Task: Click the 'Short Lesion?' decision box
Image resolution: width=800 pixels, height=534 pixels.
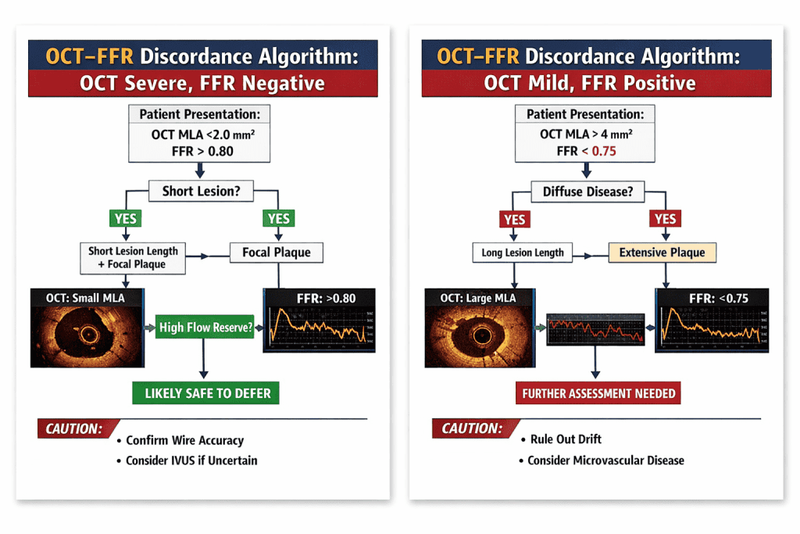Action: pyautogui.click(x=201, y=191)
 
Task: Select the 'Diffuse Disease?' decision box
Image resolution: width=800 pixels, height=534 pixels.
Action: pyautogui.click(x=587, y=191)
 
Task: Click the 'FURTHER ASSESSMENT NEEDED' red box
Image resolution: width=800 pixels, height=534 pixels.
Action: pyautogui.click(x=598, y=392)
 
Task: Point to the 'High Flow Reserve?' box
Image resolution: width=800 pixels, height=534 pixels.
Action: pyautogui.click(x=205, y=328)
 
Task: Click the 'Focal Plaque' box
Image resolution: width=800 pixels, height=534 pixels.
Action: pyautogui.click(x=276, y=253)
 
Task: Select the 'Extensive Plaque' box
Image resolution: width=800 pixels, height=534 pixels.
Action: pyautogui.click(x=662, y=253)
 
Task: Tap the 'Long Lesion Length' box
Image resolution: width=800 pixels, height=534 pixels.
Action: pyautogui.click(x=523, y=253)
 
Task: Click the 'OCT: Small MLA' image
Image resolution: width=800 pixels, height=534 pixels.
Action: pyautogui.click(x=87, y=328)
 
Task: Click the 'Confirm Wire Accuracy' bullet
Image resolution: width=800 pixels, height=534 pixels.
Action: pyautogui.click(x=184, y=440)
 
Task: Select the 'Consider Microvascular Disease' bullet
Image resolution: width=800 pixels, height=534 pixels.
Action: pyautogui.click(x=605, y=460)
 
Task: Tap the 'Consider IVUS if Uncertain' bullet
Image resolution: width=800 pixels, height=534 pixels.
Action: pyautogui.click(x=191, y=461)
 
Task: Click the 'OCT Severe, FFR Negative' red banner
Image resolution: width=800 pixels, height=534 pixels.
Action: pyautogui.click(x=202, y=83)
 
